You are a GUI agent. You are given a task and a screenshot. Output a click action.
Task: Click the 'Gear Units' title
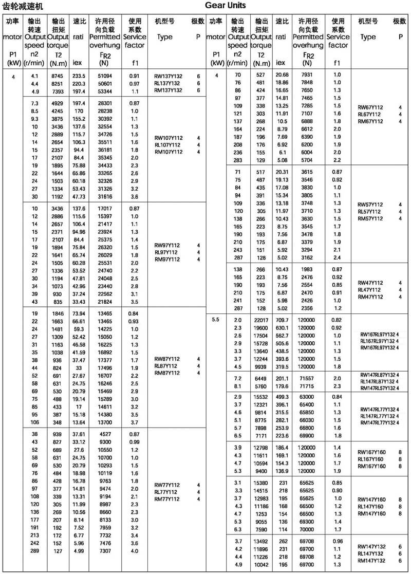[x=226, y=6]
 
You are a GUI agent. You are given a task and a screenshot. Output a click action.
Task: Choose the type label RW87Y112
[x=167, y=359]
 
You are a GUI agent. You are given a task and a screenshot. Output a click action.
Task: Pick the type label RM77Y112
[x=167, y=499]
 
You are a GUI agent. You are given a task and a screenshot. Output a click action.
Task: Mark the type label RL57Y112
[x=369, y=212]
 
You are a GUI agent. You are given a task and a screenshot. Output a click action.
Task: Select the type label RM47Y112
[x=369, y=297]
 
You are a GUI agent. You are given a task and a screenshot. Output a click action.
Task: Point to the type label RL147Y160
[x=371, y=506]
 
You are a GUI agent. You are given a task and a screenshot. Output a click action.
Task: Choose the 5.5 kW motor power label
[x=215, y=320]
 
